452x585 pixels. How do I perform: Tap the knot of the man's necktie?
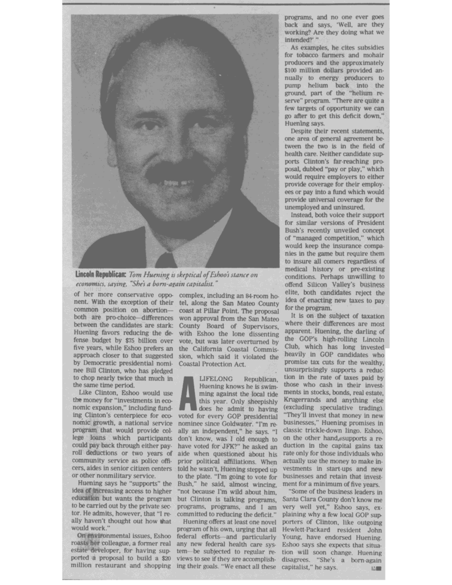[167, 260]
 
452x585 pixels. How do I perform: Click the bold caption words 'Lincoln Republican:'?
[101, 275]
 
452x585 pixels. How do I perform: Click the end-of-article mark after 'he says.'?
[376, 569]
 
